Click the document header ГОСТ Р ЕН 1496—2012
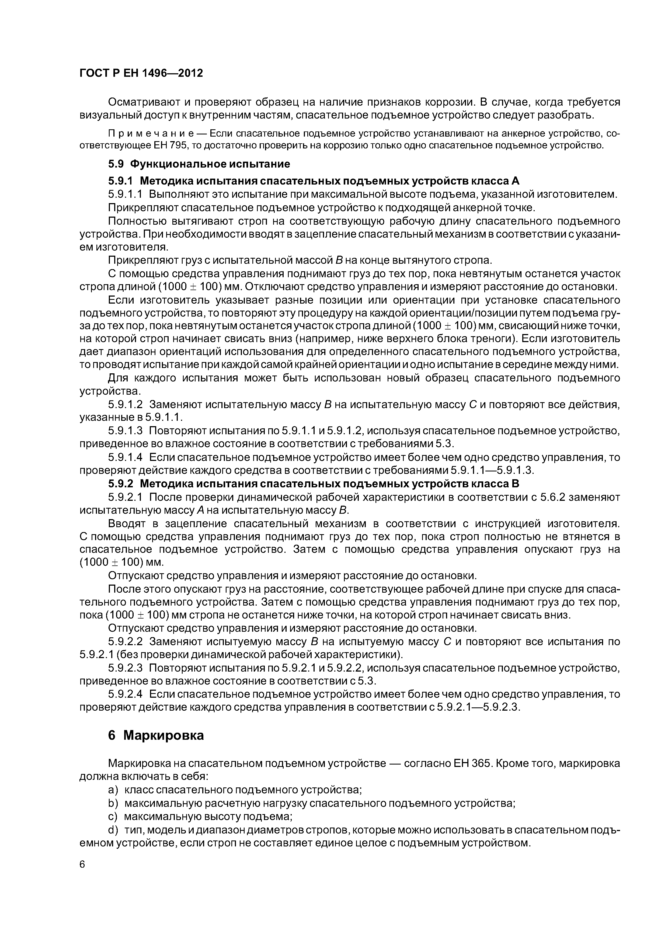(x=141, y=73)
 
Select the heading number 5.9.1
(x=121, y=181)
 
